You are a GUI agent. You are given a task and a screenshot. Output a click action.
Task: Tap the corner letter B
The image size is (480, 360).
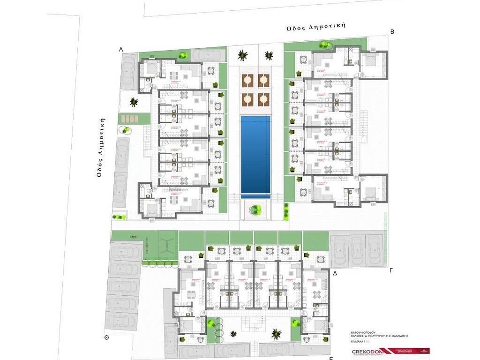click(392, 31)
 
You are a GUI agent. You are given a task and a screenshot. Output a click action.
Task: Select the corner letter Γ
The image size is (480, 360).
click(391, 270)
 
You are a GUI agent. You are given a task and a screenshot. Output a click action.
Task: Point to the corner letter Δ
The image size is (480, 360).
click(335, 273)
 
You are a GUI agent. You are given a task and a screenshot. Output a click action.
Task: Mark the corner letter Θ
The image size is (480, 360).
click(106, 337)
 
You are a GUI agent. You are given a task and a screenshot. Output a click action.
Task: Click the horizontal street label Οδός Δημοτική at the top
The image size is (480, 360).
click(316, 26)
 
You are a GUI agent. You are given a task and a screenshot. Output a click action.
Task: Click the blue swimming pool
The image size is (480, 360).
click(255, 156)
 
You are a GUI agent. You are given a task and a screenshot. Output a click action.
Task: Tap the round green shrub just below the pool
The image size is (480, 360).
click(255, 210)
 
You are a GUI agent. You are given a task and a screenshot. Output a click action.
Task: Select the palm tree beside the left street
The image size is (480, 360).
click(134, 101)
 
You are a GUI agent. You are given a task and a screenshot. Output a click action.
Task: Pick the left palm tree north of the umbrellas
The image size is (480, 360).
click(242, 55)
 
